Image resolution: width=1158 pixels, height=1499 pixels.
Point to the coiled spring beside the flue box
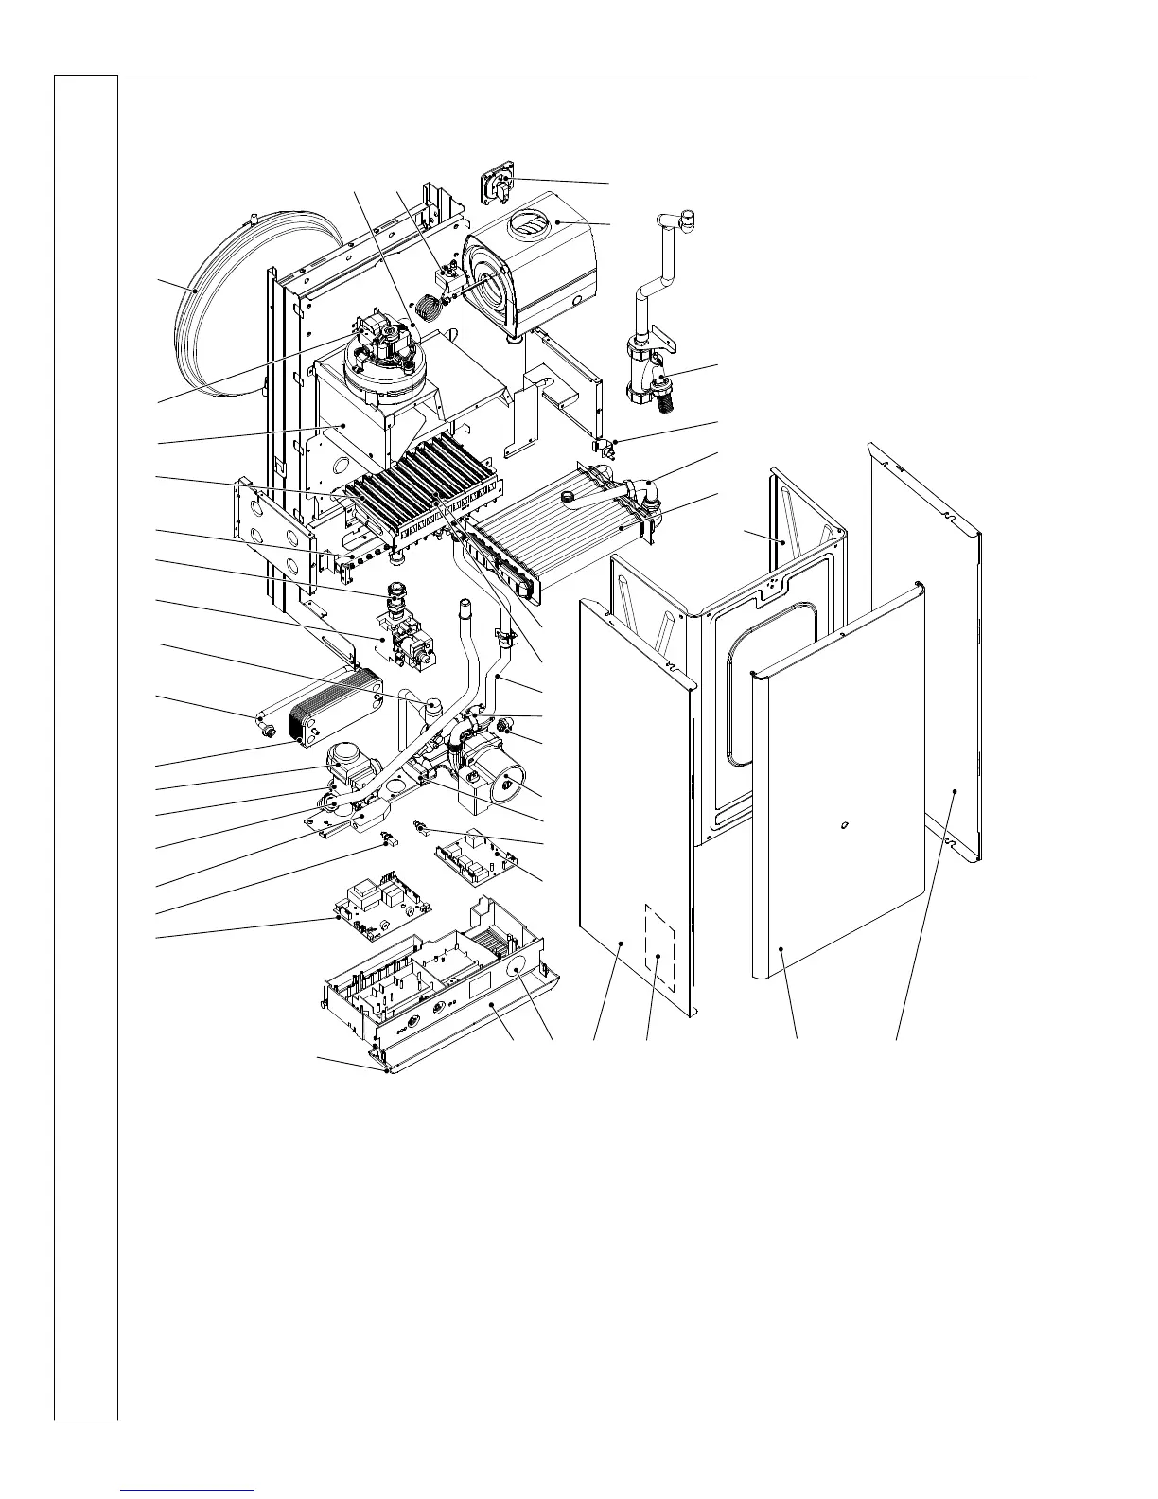click(431, 306)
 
